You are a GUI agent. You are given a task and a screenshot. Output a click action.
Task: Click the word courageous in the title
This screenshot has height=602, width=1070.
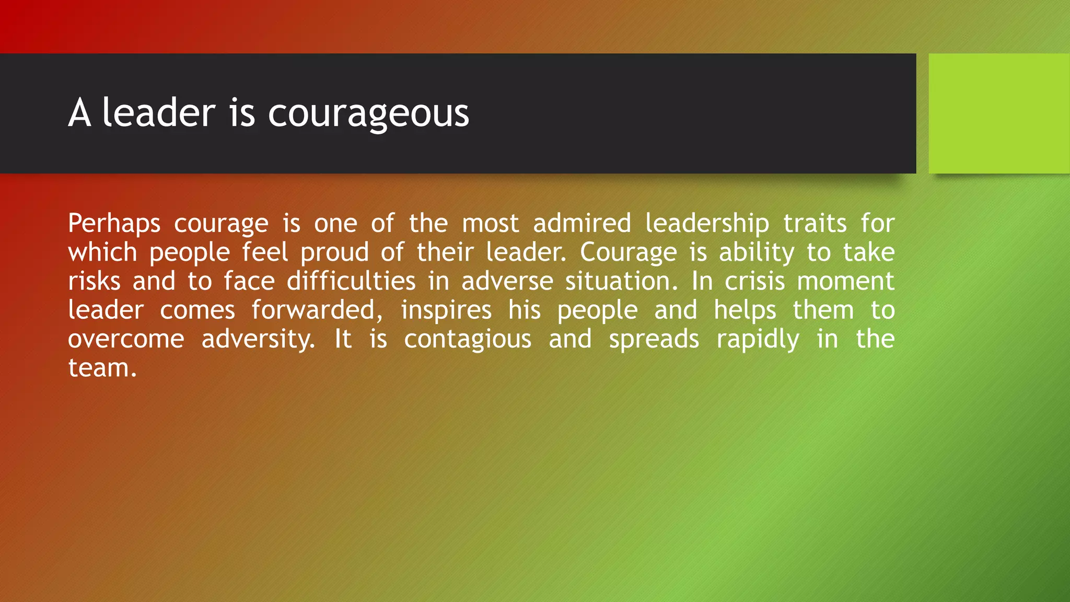368,113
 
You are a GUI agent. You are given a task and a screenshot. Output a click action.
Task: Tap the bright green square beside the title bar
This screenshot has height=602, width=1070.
999,113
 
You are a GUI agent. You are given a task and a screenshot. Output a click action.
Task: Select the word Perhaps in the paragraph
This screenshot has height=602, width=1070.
114,224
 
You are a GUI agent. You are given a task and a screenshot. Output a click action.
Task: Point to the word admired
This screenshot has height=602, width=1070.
582,223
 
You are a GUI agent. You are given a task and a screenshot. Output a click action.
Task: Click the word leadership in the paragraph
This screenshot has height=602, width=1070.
707,224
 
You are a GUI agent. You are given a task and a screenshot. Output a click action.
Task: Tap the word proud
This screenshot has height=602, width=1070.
334,253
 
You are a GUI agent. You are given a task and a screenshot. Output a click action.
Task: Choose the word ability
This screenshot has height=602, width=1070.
757,253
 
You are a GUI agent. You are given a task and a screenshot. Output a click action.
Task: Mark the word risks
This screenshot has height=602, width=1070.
94,281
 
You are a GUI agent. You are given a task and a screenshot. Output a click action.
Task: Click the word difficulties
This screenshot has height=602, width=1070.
351,281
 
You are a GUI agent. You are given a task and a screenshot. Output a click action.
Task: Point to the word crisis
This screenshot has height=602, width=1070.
754,281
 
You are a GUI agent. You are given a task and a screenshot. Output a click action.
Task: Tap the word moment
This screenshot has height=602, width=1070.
846,281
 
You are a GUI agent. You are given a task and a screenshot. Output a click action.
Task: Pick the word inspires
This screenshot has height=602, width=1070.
446,311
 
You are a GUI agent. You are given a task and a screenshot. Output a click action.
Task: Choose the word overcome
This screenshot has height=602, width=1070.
126,339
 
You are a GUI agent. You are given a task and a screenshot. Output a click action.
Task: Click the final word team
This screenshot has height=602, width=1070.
102,368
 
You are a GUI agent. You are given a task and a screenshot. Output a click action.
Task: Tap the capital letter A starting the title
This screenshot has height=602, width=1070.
79,113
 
